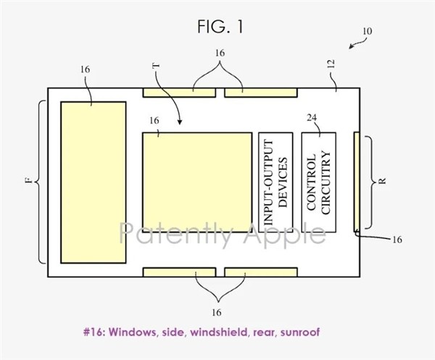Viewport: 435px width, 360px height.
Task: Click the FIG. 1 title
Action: [x=220, y=27]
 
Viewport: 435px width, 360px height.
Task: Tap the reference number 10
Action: [x=367, y=31]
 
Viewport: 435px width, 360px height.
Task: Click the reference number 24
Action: [x=312, y=118]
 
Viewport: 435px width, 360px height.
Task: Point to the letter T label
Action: [x=156, y=66]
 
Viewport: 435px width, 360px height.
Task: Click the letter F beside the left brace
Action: [x=28, y=180]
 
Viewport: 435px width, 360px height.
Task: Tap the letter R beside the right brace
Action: [x=382, y=181]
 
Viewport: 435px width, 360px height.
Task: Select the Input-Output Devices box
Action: [x=275, y=183]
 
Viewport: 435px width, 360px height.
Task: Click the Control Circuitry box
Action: [x=319, y=183]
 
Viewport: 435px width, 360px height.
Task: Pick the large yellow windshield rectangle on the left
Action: [x=94, y=183]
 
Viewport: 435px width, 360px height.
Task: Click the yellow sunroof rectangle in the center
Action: [x=197, y=183]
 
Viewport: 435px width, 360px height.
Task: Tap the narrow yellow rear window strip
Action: [x=357, y=182]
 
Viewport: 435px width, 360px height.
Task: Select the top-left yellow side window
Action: [x=179, y=93]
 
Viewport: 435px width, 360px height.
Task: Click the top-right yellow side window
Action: [x=261, y=93]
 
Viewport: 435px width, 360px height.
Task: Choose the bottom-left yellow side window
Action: [x=179, y=272]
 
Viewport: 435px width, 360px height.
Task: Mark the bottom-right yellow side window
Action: [x=261, y=272]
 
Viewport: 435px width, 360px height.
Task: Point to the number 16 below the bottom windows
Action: [x=216, y=313]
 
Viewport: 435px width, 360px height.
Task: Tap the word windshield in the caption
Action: [x=218, y=332]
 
